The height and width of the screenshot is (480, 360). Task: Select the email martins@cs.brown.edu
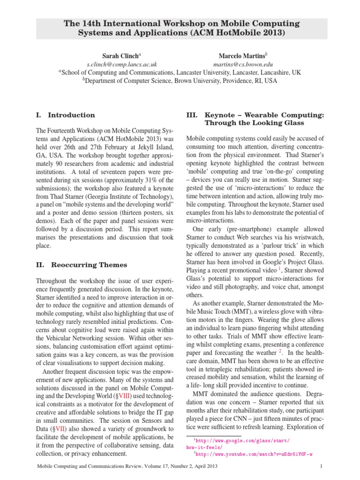(243, 64)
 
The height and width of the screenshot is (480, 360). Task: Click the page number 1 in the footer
(322, 467)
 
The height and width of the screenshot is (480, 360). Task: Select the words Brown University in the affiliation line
(199, 81)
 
